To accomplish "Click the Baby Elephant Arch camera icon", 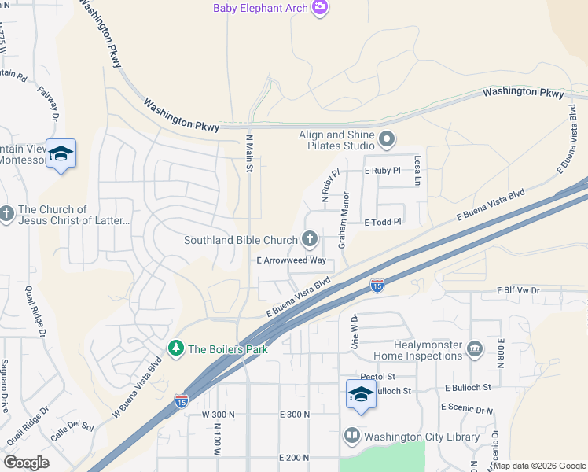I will [x=320, y=8].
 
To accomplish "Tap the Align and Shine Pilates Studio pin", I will [x=386, y=140].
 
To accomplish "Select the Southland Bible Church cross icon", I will [x=310, y=239].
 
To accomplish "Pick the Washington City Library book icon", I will [x=351, y=436].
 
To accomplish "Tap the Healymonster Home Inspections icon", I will [x=474, y=348].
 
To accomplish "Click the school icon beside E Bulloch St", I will [x=361, y=393].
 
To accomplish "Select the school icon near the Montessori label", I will [x=61, y=153].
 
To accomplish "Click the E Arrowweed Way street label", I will [x=291, y=260].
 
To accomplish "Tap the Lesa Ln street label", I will [x=418, y=165].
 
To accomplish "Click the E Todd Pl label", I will [x=383, y=223].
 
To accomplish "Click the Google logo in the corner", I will [x=26, y=462].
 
